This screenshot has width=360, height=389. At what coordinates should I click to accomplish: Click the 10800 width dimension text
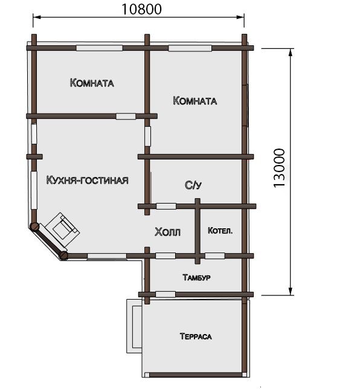(x=142, y=9)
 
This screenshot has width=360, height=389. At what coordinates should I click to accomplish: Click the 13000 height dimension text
(x=280, y=168)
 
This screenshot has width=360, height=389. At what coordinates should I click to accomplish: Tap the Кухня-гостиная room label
(x=88, y=180)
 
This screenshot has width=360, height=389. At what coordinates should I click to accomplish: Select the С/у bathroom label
(x=193, y=185)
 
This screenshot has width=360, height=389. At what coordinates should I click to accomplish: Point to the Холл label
(x=167, y=232)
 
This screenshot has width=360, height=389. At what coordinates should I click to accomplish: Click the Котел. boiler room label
(x=220, y=231)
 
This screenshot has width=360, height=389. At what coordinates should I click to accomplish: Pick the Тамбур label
(x=196, y=277)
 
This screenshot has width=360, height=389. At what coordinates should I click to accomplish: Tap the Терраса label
(x=196, y=336)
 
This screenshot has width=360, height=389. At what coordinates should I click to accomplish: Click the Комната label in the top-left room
(x=92, y=83)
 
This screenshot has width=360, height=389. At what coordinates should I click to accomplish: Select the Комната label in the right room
(x=194, y=101)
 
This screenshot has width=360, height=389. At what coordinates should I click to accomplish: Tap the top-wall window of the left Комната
(x=99, y=48)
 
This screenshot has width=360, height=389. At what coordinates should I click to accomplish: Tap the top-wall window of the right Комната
(x=190, y=48)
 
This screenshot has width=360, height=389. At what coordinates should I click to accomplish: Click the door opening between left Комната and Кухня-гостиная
(x=126, y=116)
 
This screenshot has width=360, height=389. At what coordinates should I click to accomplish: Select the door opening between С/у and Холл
(x=166, y=206)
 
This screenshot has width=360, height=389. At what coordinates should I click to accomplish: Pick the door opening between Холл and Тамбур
(x=166, y=256)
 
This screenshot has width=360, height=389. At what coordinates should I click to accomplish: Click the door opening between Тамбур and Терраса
(x=166, y=295)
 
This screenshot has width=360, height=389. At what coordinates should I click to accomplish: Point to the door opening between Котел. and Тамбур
(x=215, y=256)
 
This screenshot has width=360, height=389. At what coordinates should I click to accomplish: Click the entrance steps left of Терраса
(x=134, y=326)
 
